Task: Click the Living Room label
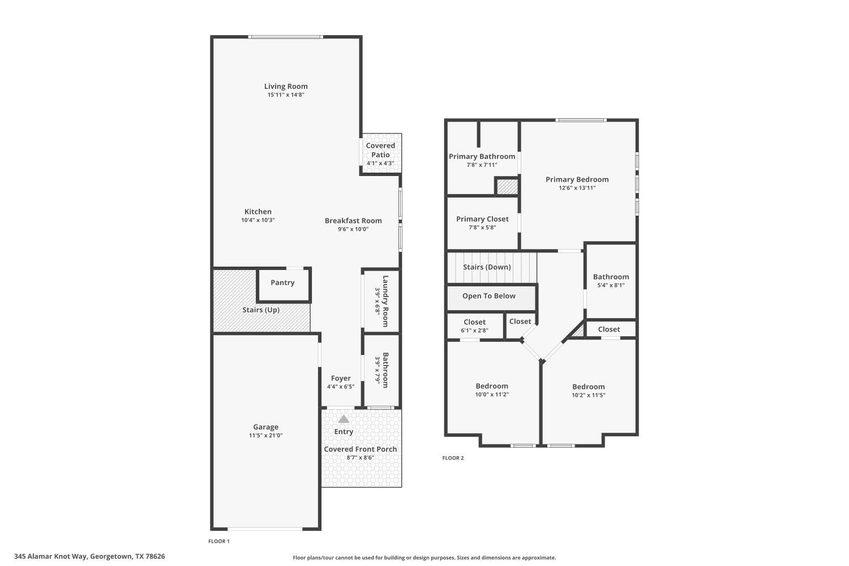[x=286, y=87]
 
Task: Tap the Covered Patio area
[x=380, y=153]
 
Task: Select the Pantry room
[x=282, y=283]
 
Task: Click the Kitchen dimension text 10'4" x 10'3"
[x=258, y=220]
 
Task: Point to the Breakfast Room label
[x=353, y=221]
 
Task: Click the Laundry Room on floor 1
[x=381, y=301]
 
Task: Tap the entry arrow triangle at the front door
[x=344, y=419]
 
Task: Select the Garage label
[x=265, y=427]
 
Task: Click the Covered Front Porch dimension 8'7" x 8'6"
[x=360, y=458]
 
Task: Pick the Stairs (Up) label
[x=261, y=310]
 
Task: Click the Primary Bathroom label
[x=482, y=157]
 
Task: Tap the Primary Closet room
[x=482, y=222]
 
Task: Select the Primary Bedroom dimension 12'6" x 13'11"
[x=577, y=188]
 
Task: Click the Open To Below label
[x=488, y=296]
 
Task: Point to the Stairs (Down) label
[x=487, y=267]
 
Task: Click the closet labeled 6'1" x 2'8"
[x=474, y=326]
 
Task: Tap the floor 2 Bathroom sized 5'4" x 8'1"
[x=611, y=281]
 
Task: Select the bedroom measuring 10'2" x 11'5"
[x=588, y=391]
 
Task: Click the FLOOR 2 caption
[x=453, y=458]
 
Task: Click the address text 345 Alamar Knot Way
[x=51, y=556]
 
